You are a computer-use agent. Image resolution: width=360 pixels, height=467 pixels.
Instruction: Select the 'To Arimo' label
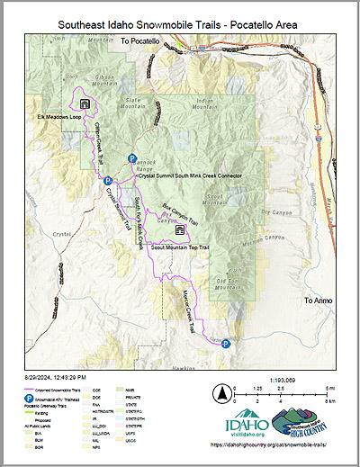319,300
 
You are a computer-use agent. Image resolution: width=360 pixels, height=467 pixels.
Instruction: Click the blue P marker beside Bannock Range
132,158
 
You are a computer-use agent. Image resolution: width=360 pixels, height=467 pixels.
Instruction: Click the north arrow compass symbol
220,393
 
